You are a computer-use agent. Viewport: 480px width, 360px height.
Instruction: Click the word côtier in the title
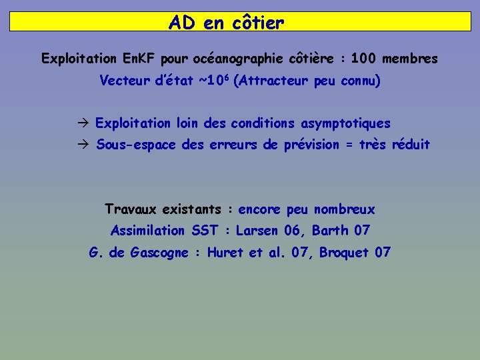(259, 23)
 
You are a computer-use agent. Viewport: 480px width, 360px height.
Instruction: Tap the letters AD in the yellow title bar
(181, 23)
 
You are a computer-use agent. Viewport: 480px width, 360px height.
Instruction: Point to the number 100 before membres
(363, 59)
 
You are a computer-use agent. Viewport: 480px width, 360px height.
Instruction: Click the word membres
(410, 59)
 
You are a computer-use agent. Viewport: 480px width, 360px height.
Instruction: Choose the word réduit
(411, 145)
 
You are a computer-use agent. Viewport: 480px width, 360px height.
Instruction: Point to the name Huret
(227, 253)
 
